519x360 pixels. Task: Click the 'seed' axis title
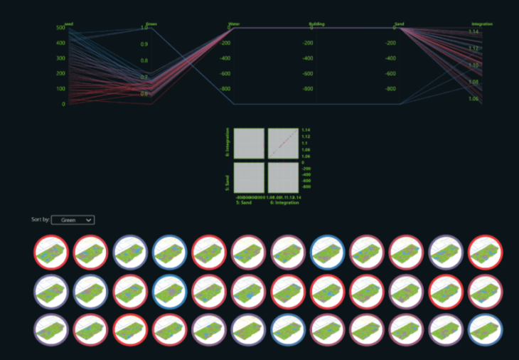tap(69, 24)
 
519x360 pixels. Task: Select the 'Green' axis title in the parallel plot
tap(151, 24)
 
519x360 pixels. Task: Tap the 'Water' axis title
tap(234, 24)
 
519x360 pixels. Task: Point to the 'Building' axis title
tap(316, 24)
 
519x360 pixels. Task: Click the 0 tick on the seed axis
tap(63, 104)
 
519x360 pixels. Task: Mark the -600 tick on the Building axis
tap(307, 74)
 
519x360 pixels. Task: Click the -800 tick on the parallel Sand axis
tap(390, 89)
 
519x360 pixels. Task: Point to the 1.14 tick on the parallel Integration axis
tap(473, 32)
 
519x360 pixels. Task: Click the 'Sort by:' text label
tap(41, 221)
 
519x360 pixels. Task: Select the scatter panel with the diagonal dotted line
tap(283, 144)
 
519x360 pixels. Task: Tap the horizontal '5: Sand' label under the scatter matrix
tap(246, 203)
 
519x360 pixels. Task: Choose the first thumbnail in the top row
tap(51, 253)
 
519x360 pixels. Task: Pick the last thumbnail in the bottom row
tap(486, 329)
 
